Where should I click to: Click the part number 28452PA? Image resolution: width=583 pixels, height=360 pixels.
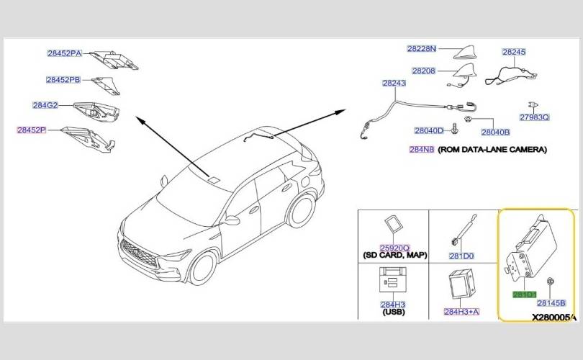(64, 53)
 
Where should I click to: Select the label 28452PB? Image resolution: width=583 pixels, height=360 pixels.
(63, 80)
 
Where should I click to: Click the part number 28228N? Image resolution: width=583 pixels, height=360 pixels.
(421, 49)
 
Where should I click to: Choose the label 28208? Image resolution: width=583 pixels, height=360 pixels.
(423, 71)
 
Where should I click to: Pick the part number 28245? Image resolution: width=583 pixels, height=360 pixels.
(514, 53)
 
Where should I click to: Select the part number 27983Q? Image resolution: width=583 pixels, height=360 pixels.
(534, 117)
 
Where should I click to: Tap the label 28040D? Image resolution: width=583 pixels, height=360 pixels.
(429, 131)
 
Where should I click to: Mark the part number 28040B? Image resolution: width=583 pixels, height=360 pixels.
(495, 132)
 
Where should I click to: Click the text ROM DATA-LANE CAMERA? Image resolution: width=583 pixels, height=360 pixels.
(492, 150)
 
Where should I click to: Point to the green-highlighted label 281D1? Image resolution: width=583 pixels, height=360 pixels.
(523, 295)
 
